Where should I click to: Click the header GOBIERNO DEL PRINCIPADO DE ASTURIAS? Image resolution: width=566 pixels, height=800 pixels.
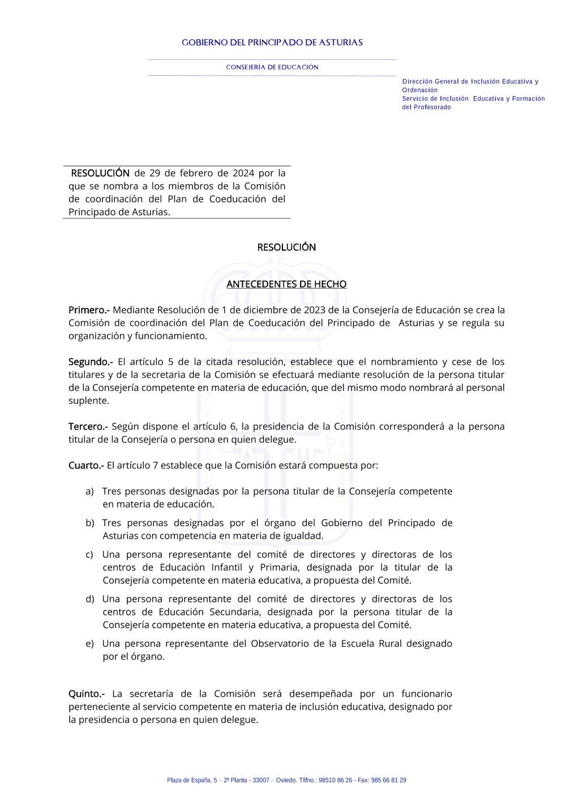[x=272, y=42]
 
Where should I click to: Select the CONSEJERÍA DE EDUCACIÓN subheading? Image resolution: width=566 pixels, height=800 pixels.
[x=272, y=67]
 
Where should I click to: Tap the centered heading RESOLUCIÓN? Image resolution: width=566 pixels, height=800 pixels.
[x=286, y=247]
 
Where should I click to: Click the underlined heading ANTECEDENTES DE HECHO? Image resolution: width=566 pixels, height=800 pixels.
[x=286, y=284]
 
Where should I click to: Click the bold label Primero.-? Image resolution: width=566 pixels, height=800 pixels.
[x=89, y=310]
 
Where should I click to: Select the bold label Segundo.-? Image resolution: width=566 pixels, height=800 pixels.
[x=91, y=362]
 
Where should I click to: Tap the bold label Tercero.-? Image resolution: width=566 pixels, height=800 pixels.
[x=88, y=427]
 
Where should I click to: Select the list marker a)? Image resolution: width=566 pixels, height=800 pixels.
[x=89, y=492]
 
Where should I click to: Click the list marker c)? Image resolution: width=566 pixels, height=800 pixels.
[x=89, y=555]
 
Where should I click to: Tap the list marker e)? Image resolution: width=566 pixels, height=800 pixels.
[x=89, y=644]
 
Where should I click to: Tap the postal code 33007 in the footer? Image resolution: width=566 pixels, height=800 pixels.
[x=261, y=780]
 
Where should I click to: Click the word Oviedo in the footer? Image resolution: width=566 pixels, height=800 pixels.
[x=286, y=780]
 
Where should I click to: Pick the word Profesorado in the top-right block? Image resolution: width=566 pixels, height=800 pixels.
[x=432, y=107]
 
